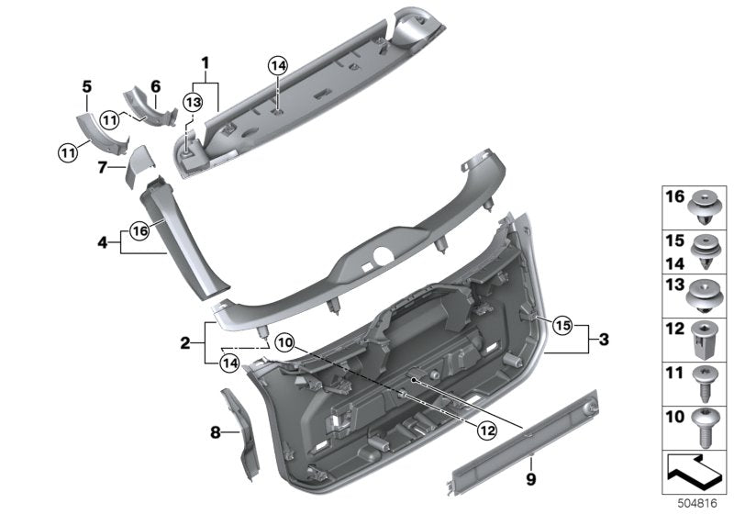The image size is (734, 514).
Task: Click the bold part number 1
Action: tap(205, 62)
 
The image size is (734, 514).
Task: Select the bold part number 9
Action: tap(531, 479)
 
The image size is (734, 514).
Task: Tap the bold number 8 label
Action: tap(215, 432)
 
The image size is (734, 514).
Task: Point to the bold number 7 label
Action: tap(103, 167)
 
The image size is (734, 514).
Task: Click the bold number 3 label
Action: tap(604, 340)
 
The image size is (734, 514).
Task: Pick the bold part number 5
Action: tap(87, 86)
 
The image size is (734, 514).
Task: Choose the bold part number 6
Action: tap(155, 86)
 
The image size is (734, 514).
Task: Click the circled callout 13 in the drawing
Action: tap(194, 102)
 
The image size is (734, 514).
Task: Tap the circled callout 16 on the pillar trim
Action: tap(140, 230)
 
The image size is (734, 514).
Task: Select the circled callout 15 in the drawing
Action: tap(563, 325)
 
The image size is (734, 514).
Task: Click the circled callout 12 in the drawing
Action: tap(487, 430)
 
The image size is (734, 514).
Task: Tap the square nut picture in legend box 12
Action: tap(704, 340)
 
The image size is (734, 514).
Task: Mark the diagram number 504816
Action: tap(697, 504)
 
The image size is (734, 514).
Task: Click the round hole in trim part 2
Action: tap(384, 255)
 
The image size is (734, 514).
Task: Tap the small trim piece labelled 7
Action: tap(139, 167)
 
